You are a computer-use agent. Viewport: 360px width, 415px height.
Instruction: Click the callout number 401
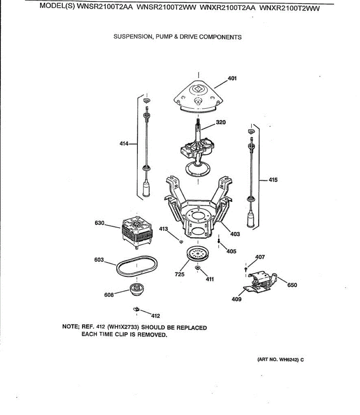(232, 79)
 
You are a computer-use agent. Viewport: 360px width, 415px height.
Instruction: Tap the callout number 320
(221, 122)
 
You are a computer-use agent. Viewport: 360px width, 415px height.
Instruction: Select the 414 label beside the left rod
(124, 143)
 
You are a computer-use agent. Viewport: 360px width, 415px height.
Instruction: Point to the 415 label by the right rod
(273, 180)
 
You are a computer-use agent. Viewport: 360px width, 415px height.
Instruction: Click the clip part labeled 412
(136, 308)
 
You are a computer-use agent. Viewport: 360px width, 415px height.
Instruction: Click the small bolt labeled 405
(219, 240)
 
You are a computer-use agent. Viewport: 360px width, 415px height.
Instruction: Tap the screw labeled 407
(246, 269)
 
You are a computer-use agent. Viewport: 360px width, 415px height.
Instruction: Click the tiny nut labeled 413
(181, 241)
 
